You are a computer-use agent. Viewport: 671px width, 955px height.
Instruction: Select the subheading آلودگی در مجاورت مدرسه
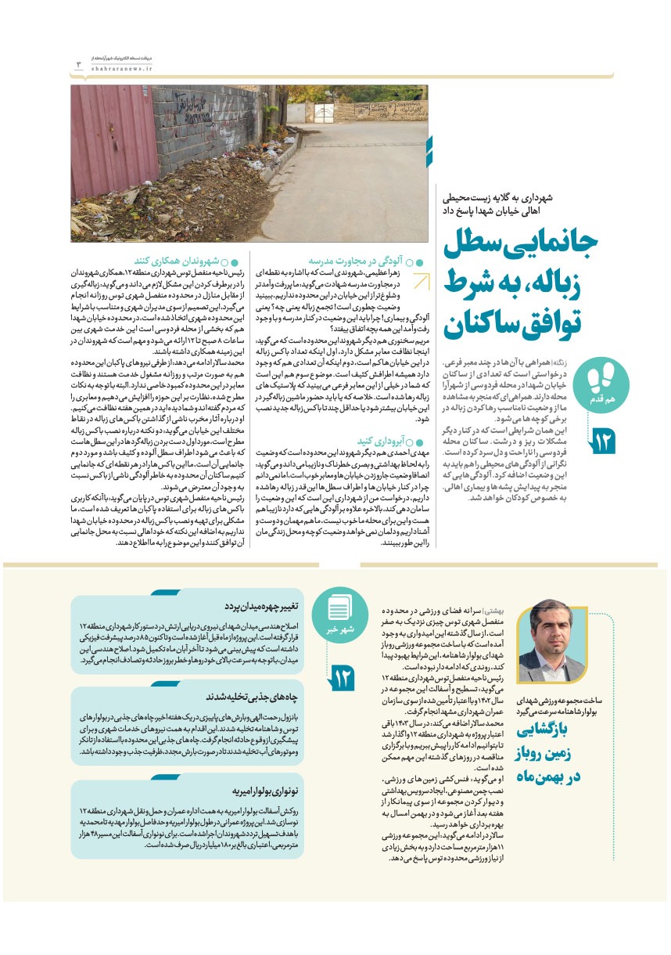pos(360,261)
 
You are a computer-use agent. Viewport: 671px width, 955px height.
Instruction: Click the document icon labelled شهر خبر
pos(341,608)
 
